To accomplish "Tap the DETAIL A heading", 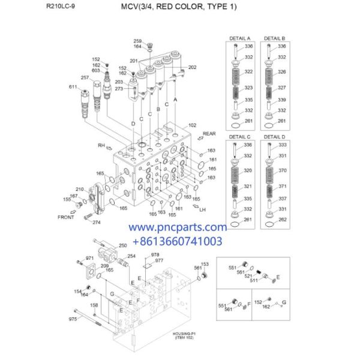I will [x=240, y=37].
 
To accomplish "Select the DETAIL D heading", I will [x=275, y=138].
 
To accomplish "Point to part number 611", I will [x=73, y=87].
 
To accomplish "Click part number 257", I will [x=85, y=77].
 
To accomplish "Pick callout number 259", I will [x=137, y=41].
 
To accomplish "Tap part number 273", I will [x=119, y=89].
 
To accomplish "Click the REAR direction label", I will [x=209, y=134].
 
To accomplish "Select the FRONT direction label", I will [x=66, y=217].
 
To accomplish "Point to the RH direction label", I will [x=101, y=145].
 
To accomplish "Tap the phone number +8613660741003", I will [x=177, y=241].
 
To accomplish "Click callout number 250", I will [x=123, y=245].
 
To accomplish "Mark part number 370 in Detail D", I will [x=282, y=170].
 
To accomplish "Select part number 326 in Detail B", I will [x=282, y=71].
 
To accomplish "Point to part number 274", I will [x=97, y=223].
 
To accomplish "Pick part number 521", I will [x=248, y=275].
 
